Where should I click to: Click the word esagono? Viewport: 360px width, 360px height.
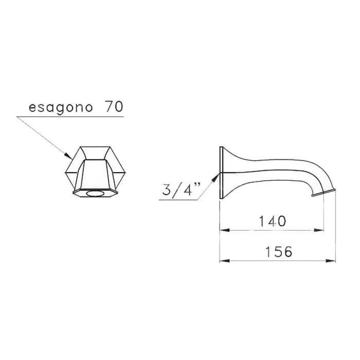[61, 107]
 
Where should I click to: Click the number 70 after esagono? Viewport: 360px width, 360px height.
[114, 106]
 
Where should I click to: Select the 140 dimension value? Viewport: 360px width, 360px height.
[272, 221]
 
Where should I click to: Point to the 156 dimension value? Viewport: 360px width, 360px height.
[279, 251]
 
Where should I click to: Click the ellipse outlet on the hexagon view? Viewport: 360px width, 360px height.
[95, 194]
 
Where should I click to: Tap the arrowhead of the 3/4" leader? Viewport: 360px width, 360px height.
[216, 176]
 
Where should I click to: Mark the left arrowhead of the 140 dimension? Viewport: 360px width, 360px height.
[225, 230]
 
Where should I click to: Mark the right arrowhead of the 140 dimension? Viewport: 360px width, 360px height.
[319, 230]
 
